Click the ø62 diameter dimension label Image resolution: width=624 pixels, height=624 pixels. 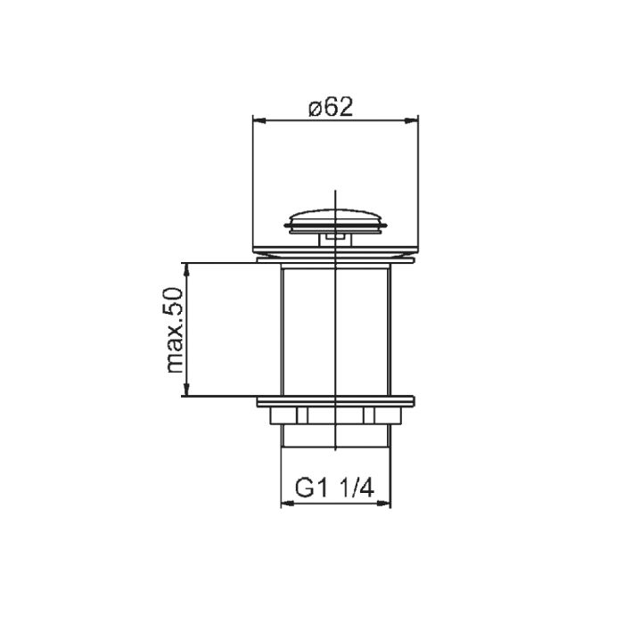(331, 107)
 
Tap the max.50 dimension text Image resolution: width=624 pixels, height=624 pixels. (175, 331)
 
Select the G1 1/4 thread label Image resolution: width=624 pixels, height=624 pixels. (334, 488)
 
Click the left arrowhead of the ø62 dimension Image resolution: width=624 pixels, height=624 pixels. (259, 120)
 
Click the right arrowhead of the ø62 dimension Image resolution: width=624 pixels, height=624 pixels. (412, 120)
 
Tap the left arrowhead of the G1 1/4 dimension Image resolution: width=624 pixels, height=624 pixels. (287, 504)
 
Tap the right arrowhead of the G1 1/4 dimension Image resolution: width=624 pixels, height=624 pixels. (384, 504)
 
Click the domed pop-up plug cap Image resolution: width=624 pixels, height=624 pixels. (335, 221)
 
